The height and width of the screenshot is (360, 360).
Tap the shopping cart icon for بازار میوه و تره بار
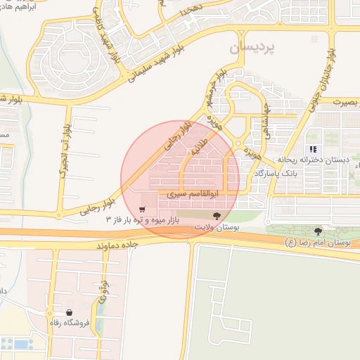click(x=143, y=210)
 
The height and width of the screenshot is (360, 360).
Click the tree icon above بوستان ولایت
click(x=215, y=217)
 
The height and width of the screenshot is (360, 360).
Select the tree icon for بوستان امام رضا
click(x=318, y=231)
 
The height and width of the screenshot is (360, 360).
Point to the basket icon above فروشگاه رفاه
click(x=69, y=312)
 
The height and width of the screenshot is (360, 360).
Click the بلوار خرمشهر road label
click(x=216, y=89)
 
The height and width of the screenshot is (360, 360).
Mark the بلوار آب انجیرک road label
click(x=65, y=150)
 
